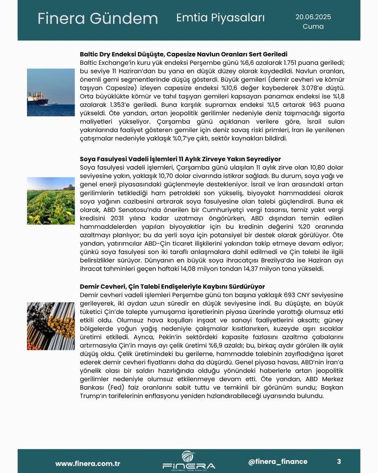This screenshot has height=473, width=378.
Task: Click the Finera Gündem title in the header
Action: point(97,19)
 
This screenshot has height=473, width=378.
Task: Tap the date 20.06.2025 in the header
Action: point(313,17)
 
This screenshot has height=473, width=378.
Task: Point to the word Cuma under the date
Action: point(313,26)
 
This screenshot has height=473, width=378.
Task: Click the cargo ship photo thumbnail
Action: point(51,92)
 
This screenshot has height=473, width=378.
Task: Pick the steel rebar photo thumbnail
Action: point(51,326)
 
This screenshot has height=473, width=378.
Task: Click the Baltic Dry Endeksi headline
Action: point(184,54)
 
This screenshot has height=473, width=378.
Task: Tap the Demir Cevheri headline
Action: point(172,287)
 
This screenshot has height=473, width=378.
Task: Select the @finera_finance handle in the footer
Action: point(277,462)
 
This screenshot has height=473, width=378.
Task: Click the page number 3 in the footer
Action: point(339,462)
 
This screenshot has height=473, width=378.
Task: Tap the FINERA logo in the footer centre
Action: point(189,460)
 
